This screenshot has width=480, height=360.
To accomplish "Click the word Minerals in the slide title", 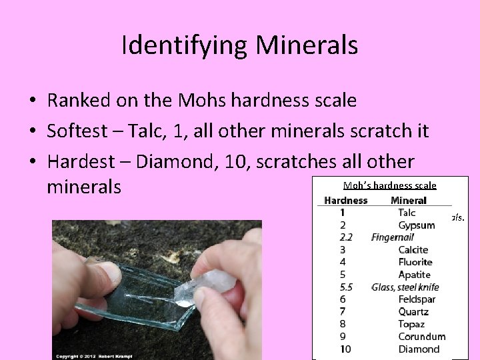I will (x=307, y=45).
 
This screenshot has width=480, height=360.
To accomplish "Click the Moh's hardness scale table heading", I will (x=389, y=185).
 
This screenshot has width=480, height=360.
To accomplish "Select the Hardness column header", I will (x=345, y=200).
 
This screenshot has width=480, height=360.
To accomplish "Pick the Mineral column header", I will (x=409, y=200).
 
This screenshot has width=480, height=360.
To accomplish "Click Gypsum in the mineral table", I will (x=417, y=225).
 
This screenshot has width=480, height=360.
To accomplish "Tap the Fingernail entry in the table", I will (x=393, y=237).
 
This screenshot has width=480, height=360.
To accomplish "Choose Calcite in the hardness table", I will (x=413, y=250).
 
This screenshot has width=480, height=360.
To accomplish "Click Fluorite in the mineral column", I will (x=415, y=262).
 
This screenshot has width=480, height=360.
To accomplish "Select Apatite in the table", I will (x=415, y=275).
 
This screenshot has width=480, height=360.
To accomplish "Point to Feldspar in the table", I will (x=417, y=299).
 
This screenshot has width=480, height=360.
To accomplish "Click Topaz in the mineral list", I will (x=411, y=324).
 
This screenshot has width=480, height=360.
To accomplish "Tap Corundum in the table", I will (x=421, y=337).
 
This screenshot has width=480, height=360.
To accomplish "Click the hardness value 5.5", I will (x=346, y=287).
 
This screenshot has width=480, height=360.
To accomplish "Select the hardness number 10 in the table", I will (x=345, y=349).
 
